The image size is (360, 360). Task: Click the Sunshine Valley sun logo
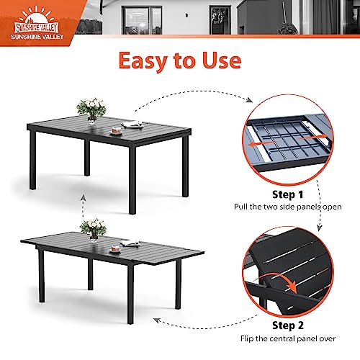coord(37,23)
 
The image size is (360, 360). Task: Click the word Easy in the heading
coord(143,61)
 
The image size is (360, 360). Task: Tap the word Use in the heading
coord(222,60)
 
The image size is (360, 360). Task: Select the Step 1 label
coord(287,194)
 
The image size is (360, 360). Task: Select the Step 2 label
coord(288,325)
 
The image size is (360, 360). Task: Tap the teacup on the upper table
coord(117,131)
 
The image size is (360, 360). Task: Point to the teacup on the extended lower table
coord(115,249)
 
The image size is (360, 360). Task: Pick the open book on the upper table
coord(132,124)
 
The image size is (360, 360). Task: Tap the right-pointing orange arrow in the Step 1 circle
coord(311,138)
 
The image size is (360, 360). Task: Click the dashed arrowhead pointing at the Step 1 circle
coord(250,100)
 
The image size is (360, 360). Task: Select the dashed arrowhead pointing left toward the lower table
coord(157,320)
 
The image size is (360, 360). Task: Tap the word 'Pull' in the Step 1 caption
coord(241,207)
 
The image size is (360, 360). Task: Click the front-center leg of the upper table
coord(132,180)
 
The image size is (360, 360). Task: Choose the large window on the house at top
coord(142,20)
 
